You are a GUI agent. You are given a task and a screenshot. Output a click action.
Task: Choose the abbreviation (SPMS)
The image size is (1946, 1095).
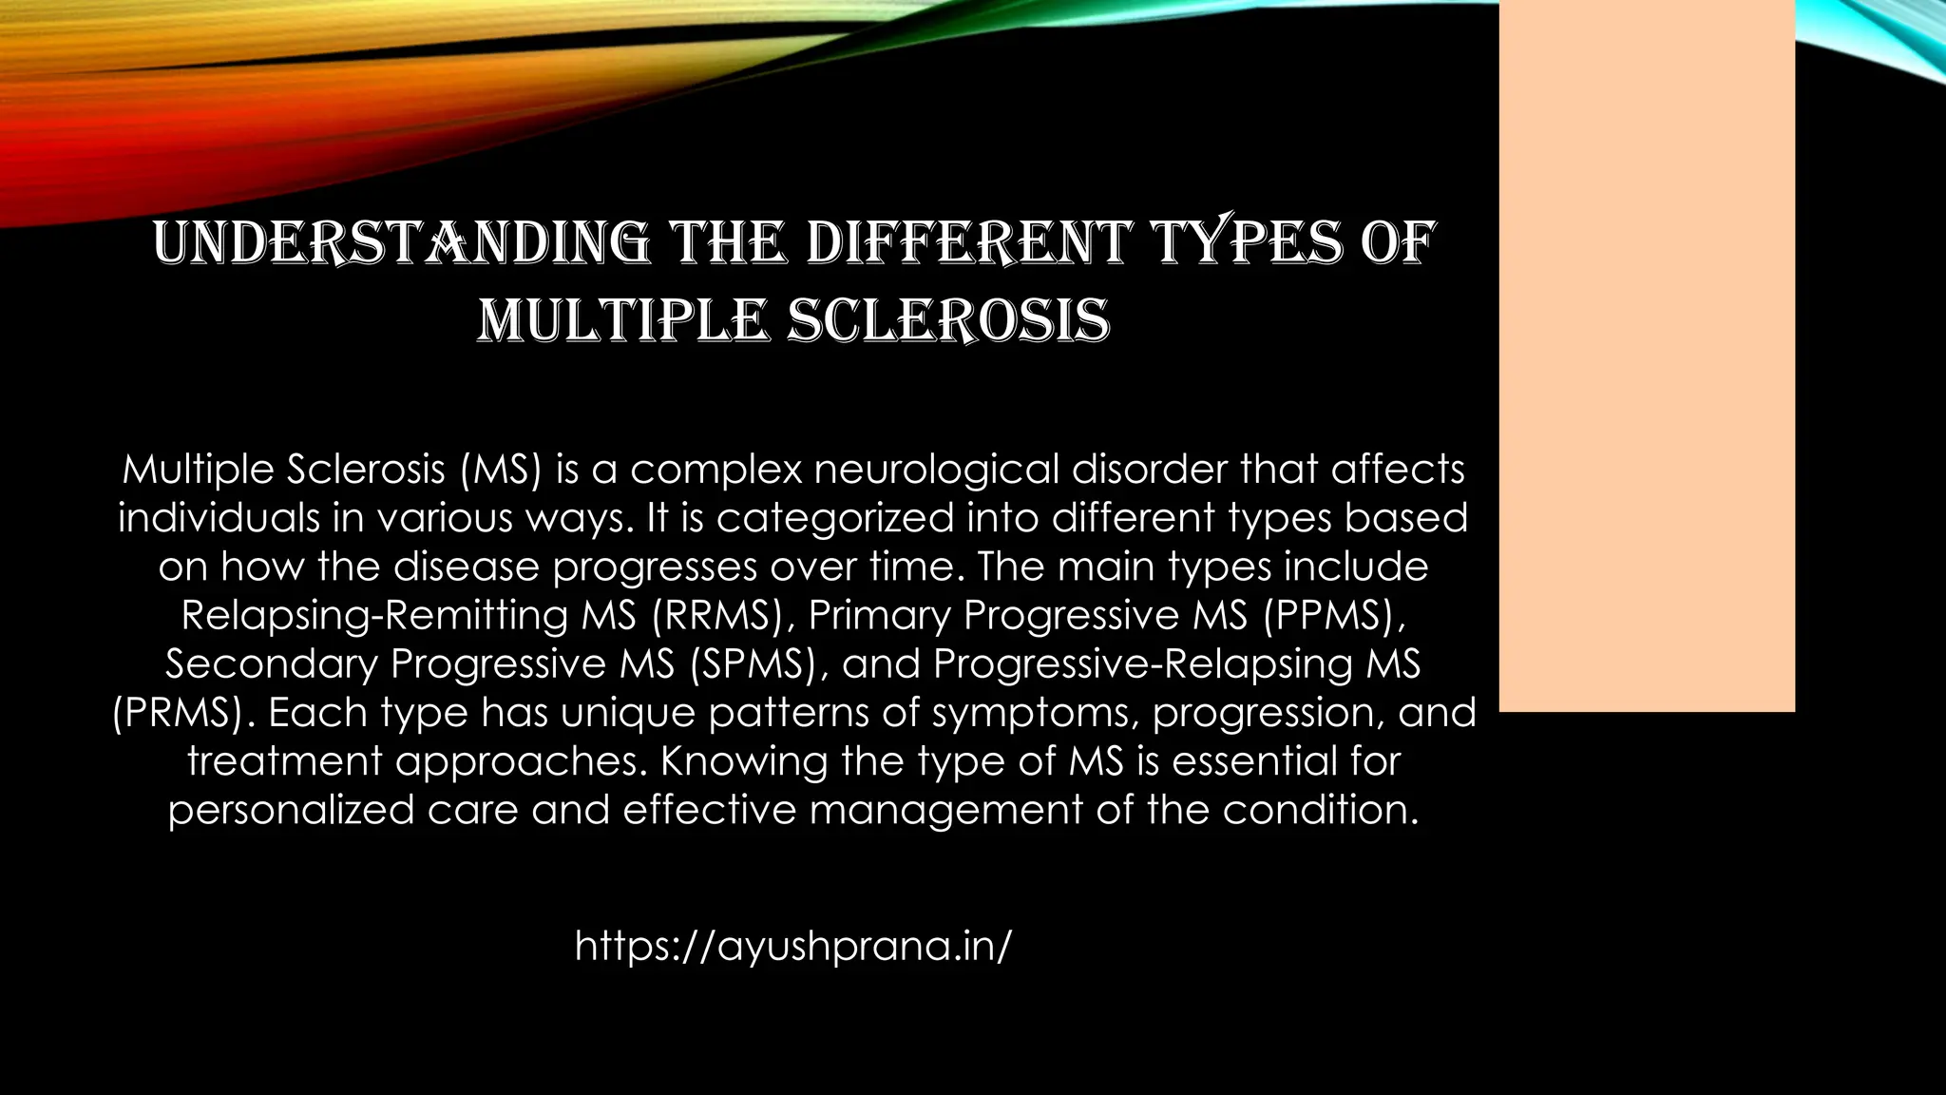756,663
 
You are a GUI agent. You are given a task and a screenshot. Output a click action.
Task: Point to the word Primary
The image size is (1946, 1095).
879,615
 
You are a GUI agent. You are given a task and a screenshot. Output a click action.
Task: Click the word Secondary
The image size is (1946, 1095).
271,663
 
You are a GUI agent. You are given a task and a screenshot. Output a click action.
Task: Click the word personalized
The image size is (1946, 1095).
291,810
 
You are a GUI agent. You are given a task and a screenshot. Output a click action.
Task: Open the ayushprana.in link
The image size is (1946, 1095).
793,946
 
